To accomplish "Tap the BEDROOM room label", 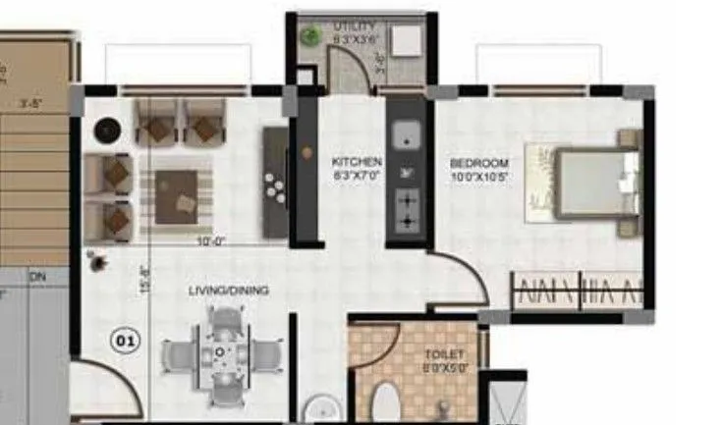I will (x=479, y=162).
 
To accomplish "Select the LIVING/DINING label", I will (x=229, y=291).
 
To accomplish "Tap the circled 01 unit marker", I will (x=126, y=342).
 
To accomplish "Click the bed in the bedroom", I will (x=584, y=184).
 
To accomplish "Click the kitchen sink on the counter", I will (x=404, y=134).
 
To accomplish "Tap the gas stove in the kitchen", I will (x=405, y=209).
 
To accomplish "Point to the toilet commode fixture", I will (x=387, y=402).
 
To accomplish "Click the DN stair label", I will (x=37, y=278).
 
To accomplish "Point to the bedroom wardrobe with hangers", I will (x=577, y=292).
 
